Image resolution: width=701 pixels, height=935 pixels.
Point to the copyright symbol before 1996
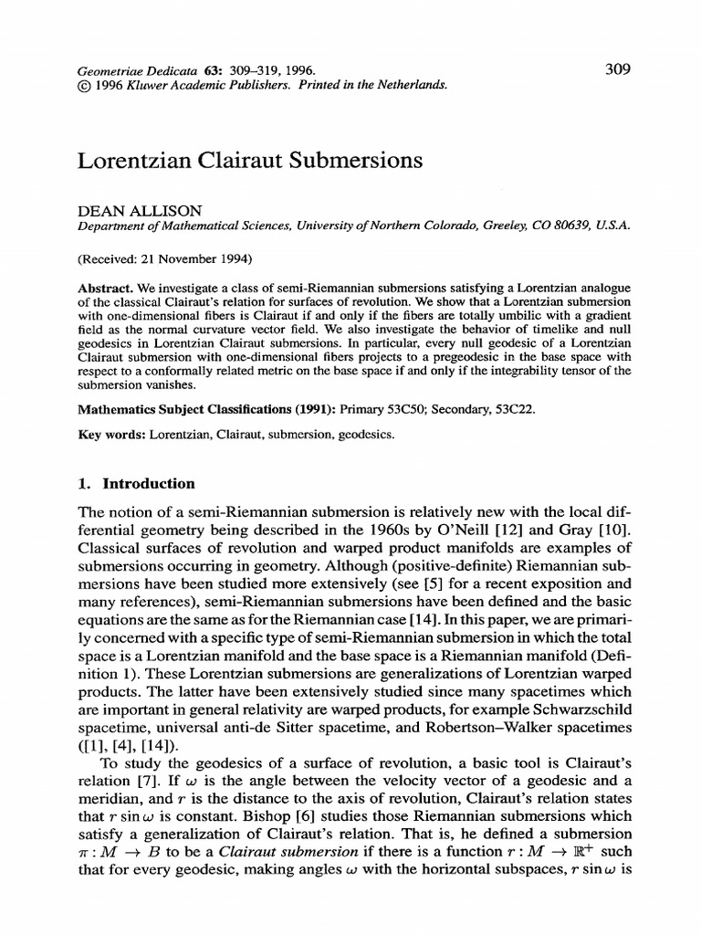[84, 84]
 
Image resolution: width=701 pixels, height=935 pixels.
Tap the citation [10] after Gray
[616, 530]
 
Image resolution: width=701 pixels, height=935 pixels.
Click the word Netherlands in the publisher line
[408, 84]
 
